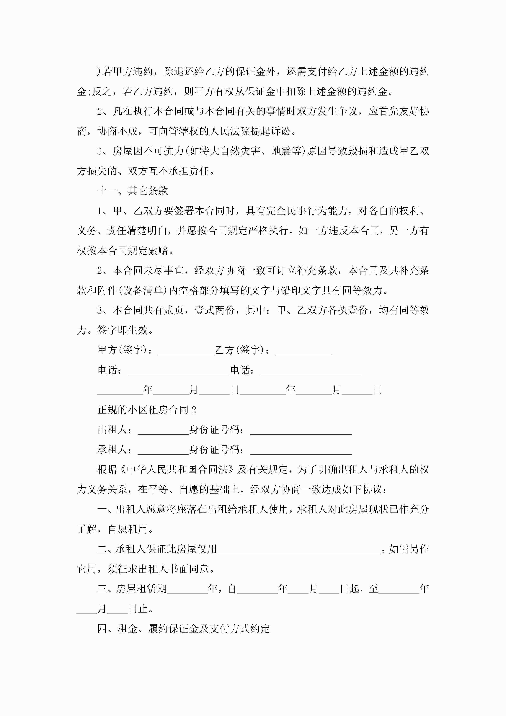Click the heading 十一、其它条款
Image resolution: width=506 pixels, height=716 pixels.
coord(132,191)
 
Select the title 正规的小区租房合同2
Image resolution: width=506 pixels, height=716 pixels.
coord(146,410)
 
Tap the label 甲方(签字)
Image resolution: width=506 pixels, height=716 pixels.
coord(122,350)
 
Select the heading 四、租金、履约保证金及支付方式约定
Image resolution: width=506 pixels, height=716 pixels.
coord(183,629)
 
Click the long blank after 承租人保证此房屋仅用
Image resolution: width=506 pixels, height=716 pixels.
coord(299,549)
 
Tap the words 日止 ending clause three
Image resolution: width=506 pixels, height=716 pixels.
coord(138,609)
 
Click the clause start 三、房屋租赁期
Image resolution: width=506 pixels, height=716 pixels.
coord(132,589)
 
